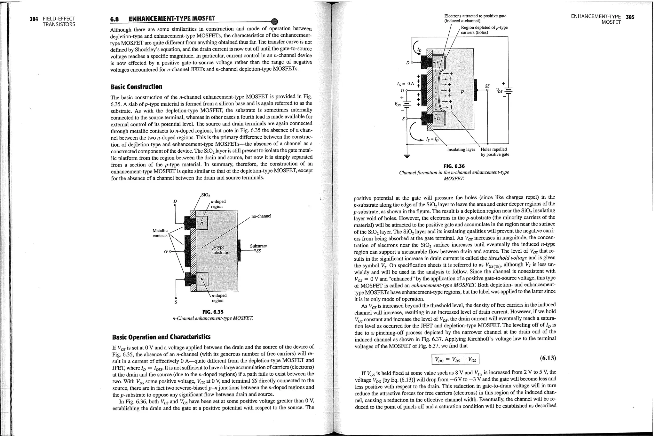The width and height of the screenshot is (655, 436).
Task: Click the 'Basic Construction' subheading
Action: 136,87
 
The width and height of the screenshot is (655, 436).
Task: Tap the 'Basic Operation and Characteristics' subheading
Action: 162,337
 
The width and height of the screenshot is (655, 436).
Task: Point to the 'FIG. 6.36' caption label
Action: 454,166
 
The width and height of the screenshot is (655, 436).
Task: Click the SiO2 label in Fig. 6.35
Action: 205,195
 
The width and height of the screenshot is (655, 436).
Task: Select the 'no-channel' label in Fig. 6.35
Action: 261,216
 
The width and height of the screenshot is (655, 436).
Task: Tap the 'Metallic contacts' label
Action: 160,233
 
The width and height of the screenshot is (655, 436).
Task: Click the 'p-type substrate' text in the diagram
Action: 219,250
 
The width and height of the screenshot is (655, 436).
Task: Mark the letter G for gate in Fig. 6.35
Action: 165,252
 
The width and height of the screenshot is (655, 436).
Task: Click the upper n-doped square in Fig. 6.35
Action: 201,223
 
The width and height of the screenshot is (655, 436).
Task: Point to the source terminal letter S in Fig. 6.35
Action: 176,302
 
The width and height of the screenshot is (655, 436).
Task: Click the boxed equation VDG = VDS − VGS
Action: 455,359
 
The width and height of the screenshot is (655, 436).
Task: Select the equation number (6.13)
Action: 548,358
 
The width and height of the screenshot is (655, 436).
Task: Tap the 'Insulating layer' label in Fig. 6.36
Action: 461,149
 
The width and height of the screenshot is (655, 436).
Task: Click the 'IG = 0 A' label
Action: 405,84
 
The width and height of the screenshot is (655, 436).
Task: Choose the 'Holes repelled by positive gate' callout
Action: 495,152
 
